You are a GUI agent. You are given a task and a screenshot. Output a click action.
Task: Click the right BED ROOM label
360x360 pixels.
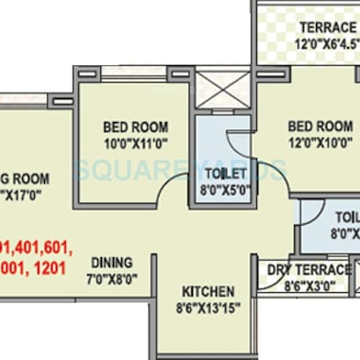pos(319,127)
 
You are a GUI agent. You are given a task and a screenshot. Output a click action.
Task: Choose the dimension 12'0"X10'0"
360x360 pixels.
pos(319,141)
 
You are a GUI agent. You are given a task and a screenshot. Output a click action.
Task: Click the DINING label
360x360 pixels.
pos(110,262)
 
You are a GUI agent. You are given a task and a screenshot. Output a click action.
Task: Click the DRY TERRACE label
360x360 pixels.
pos(309,270)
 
